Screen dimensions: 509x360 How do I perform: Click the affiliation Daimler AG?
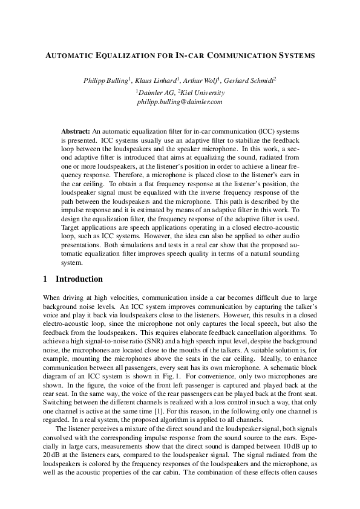155,92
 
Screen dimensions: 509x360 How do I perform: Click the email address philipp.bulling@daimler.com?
180,102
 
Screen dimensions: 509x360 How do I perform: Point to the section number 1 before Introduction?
46,279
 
